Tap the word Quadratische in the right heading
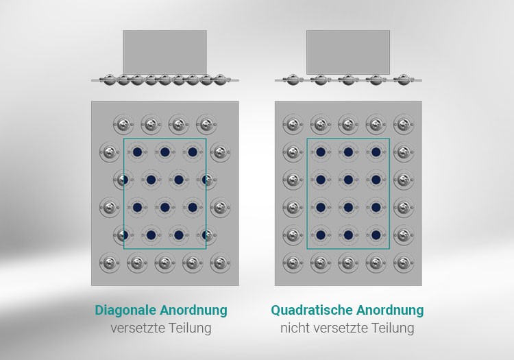[312, 310]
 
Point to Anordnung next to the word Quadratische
[390, 310]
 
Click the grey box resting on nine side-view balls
[165, 52]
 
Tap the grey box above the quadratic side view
[348, 52]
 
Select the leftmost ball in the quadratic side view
[293, 80]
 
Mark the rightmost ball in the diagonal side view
[220, 80]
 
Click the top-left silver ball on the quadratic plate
[293, 125]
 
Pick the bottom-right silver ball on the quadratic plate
[404, 263]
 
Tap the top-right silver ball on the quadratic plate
[404, 125]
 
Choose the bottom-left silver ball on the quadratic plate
[293, 263]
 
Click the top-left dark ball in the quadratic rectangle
[321, 152]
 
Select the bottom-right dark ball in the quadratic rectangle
[376, 235]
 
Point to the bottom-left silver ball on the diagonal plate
[110, 263]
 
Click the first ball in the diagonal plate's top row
[123, 125]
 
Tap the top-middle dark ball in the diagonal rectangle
[165, 152]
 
